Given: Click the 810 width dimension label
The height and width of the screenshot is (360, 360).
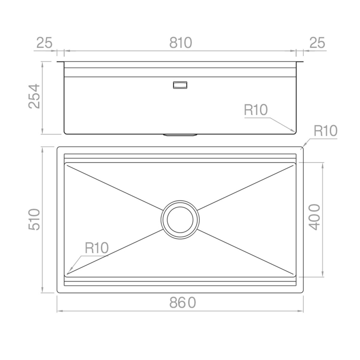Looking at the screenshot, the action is (181, 43).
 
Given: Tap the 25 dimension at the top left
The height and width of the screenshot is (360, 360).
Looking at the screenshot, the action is (44, 43).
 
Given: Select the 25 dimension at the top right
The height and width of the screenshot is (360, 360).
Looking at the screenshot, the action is (317, 43).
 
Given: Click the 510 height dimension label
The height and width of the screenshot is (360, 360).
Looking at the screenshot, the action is (34, 220).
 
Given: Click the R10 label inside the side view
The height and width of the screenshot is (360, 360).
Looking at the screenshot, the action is (256, 110).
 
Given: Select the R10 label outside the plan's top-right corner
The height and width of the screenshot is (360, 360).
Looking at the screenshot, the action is (325, 131).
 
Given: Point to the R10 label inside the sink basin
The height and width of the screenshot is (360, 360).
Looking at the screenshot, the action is (97, 248).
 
